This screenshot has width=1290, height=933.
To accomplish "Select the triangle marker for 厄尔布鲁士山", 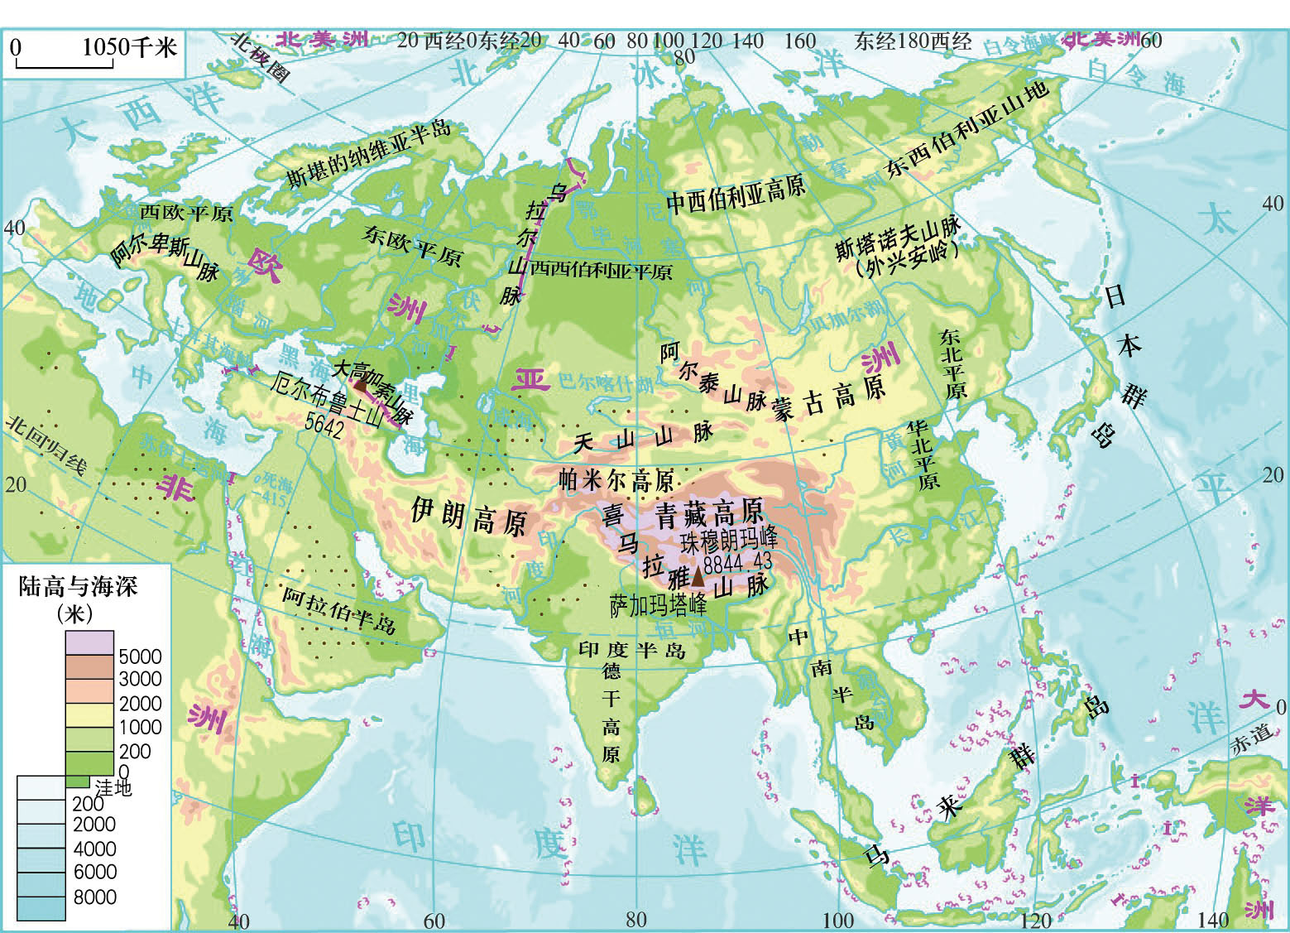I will pos(361,382).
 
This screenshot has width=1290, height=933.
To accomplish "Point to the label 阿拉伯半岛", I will pos(338,612).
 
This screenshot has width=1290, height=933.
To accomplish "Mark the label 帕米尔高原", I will pos(616,480).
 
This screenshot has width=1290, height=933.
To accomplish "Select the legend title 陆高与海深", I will pos(78,587).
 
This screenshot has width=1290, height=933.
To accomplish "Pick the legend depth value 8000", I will pos(94,897).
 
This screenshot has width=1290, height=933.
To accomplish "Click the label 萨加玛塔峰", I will pos(658,605).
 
